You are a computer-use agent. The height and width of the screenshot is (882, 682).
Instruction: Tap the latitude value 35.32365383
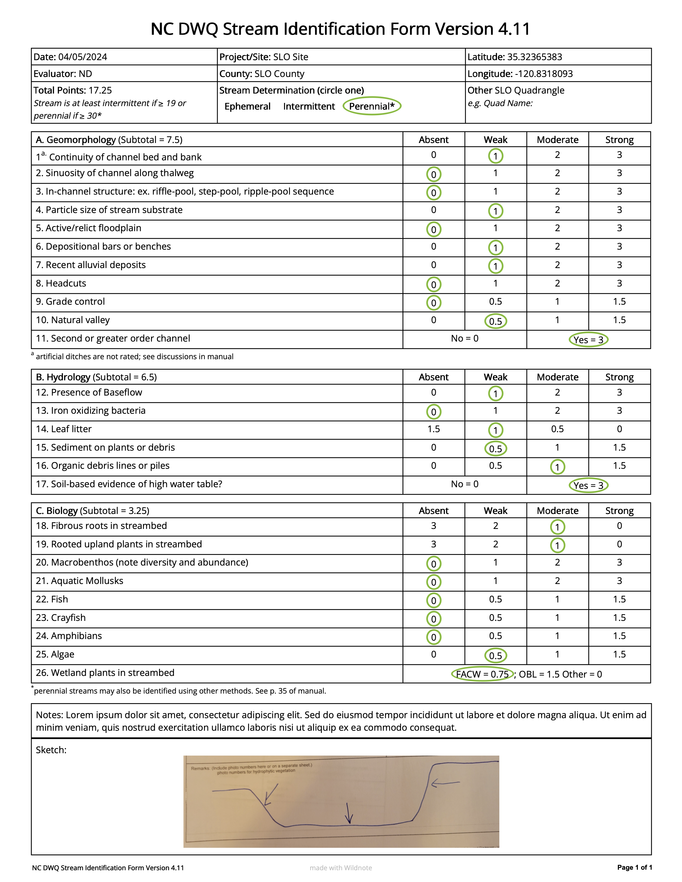click(534, 57)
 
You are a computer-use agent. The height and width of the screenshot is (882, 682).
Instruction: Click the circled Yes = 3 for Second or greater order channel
click(588, 340)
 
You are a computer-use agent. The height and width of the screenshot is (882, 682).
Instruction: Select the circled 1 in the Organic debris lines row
click(557, 467)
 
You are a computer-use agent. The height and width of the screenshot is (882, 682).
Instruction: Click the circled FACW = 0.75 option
click(482, 674)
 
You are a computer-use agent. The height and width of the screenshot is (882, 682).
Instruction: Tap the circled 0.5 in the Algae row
click(495, 655)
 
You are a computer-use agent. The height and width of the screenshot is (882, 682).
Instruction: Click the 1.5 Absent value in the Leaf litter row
click(434, 429)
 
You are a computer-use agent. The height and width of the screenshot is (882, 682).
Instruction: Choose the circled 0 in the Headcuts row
click(434, 285)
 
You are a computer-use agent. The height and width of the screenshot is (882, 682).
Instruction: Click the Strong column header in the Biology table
click(619, 511)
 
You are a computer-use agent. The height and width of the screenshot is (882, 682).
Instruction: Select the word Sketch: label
click(51, 750)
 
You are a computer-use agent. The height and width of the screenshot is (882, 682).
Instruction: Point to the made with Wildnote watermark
click(340, 868)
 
